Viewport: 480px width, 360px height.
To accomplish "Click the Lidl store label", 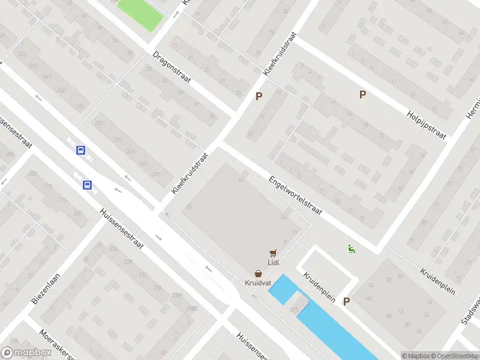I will pyautogui.click(x=274, y=262).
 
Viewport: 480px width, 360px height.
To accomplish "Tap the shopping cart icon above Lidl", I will pyautogui.click(x=274, y=253).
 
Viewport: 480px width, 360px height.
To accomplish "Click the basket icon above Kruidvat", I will pyautogui.click(x=258, y=273).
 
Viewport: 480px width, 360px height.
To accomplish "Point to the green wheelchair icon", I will pyautogui.click(x=352, y=248).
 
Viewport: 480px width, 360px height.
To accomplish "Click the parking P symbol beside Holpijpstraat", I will pyautogui.click(x=362, y=94).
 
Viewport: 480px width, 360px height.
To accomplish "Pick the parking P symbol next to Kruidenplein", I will pyautogui.click(x=346, y=302).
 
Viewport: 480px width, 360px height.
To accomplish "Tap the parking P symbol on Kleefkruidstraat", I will pyautogui.click(x=259, y=96).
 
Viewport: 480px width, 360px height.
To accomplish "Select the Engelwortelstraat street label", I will pyautogui.click(x=295, y=196).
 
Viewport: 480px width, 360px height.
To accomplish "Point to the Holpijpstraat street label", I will pyautogui.click(x=427, y=125).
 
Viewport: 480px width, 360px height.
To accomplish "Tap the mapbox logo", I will pyautogui.click(x=26, y=352).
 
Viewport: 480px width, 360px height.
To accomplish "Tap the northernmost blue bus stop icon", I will pyautogui.click(x=80, y=151).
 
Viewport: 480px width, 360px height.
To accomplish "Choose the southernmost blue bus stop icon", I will pyautogui.click(x=88, y=185).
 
